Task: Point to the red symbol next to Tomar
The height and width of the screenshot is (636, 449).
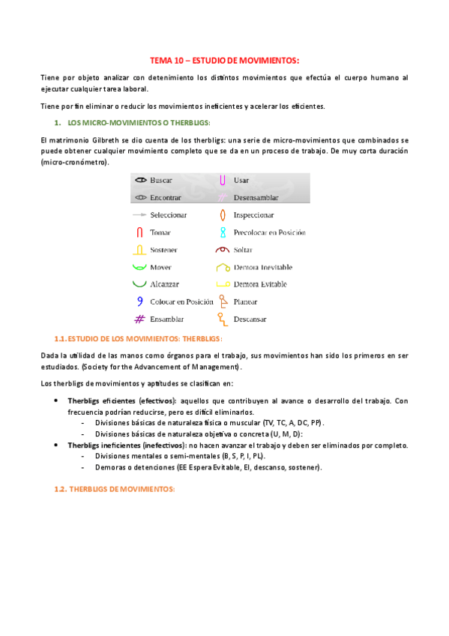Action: coord(139,232)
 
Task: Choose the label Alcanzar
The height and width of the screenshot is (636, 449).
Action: coord(166,285)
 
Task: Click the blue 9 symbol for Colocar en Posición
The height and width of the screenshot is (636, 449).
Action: coord(139,301)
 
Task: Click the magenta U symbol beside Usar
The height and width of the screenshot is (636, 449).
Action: coord(223,181)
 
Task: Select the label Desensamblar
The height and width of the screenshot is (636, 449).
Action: coord(256,198)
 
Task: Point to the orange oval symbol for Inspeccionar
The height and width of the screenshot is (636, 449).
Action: coord(223,215)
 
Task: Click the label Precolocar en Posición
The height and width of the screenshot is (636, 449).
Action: coord(270,232)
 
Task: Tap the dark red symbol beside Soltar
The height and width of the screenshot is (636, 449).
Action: coord(222,250)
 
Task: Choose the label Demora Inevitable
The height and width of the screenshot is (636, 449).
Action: coord(263,268)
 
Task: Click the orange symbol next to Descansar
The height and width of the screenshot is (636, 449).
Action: coord(222,319)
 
